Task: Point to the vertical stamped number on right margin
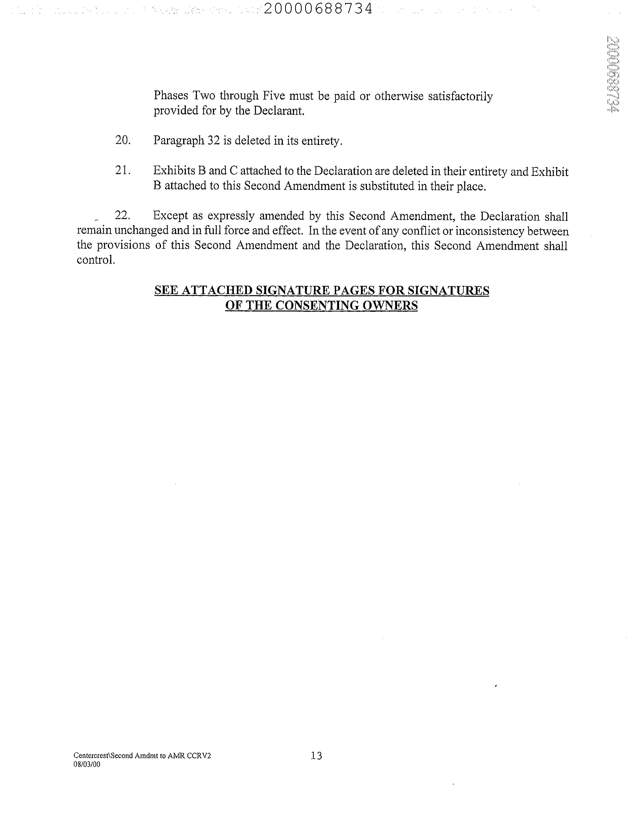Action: click(x=613, y=74)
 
